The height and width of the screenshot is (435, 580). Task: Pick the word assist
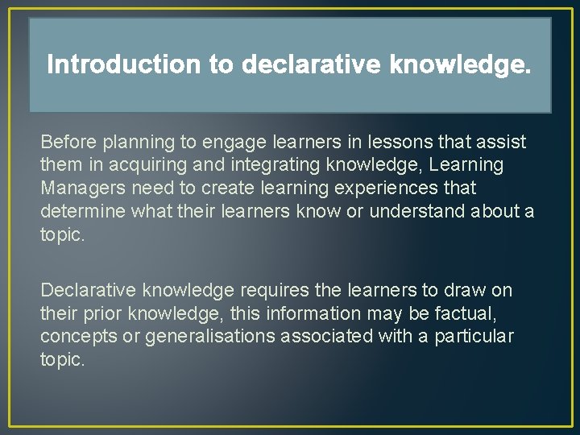(500, 143)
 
